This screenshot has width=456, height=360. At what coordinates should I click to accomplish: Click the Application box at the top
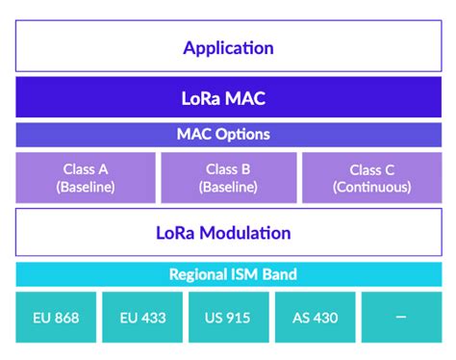[228, 47]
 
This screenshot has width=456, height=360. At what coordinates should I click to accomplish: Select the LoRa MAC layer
[228, 98]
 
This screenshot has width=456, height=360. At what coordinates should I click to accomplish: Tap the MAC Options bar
[228, 135]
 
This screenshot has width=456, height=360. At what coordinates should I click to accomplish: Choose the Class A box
[86, 177]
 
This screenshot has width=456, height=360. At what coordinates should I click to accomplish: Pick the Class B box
[228, 177]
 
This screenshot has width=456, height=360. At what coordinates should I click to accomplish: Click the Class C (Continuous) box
[371, 177]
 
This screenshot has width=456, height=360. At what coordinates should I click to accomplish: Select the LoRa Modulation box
[228, 233]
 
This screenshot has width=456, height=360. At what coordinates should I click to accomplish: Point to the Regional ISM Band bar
[228, 274]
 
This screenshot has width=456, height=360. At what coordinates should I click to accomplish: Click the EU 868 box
[54, 317]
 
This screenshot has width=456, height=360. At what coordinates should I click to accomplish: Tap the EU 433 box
[141, 317]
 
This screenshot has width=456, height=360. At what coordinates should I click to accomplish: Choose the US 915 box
[228, 317]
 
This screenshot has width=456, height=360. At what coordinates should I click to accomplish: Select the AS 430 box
[314, 317]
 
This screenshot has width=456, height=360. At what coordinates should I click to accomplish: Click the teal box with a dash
[400, 317]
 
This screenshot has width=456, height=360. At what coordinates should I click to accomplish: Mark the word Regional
[198, 274]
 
